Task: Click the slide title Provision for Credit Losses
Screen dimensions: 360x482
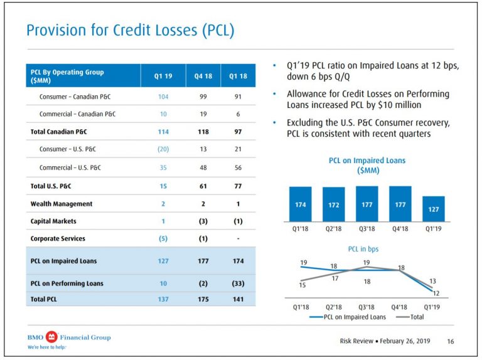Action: [x=130, y=30]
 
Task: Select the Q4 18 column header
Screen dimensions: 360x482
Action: [x=199, y=77]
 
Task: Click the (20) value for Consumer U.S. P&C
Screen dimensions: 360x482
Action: [x=163, y=150]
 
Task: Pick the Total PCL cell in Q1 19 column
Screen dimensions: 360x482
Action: [x=163, y=300]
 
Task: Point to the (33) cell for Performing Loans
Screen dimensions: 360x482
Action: [x=238, y=283]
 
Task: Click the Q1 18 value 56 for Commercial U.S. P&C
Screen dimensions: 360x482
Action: [x=238, y=168]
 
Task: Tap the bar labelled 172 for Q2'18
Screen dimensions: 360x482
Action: [x=333, y=204]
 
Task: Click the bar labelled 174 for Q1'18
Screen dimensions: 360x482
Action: [x=300, y=204]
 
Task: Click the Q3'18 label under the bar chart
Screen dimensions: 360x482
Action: [x=367, y=229]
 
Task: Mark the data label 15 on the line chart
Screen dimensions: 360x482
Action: [x=303, y=285]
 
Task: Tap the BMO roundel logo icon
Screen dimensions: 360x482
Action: [x=52, y=337]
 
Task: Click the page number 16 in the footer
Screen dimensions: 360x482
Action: [x=450, y=341]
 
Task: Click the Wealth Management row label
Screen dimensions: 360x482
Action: [x=62, y=204]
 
